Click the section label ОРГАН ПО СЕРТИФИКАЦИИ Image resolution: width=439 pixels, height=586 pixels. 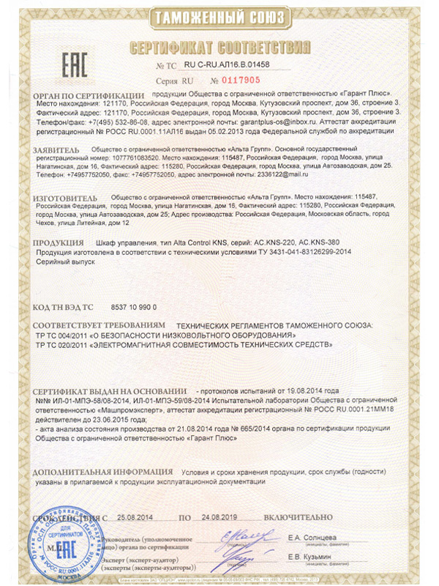90,95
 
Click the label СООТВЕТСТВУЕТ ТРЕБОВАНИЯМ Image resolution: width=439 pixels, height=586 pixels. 97,324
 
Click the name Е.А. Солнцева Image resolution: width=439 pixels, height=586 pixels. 317,537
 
